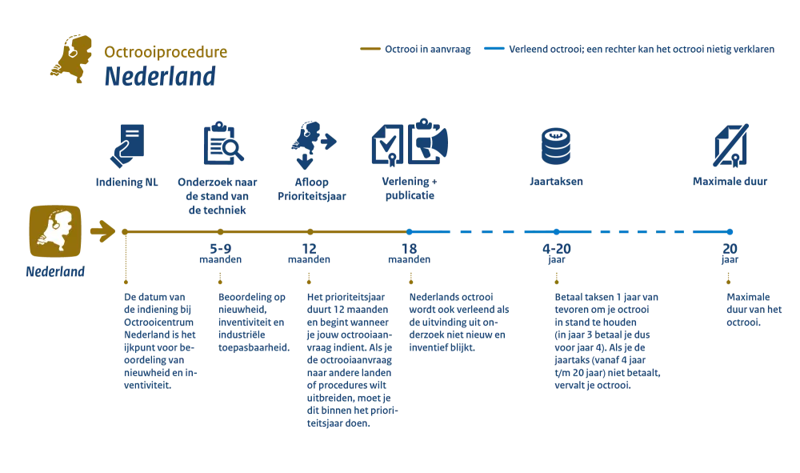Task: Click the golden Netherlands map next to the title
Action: point(71,59)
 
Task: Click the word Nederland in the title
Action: point(160,78)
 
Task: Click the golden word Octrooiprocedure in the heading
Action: point(166,53)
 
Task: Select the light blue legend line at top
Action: point(493,50)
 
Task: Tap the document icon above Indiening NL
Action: point(128,144)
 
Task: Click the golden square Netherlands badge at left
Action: point(54,231)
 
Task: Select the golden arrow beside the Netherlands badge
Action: point(102,231)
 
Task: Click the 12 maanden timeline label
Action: point(309,255)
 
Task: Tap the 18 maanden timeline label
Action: point(409,255)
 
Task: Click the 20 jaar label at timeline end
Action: point(729,255)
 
